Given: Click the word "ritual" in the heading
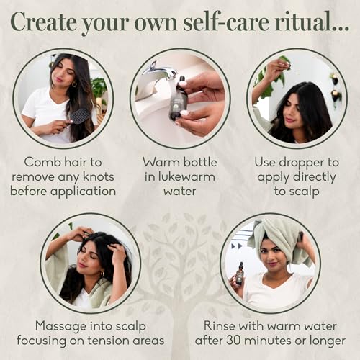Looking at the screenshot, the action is pos(303,22).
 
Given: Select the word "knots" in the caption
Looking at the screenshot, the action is pos(99,177).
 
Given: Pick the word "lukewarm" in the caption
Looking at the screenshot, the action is pos(186,177).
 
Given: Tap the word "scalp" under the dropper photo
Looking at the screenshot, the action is pos(303,192).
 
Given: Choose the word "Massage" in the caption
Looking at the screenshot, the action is pos(61,327).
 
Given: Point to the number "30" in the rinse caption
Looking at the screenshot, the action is pos(233,341).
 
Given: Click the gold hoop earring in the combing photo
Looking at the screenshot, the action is pos(74,84).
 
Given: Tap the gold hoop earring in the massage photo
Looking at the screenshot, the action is pos(102,274).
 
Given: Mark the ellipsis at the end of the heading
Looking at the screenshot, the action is pos(341,30).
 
